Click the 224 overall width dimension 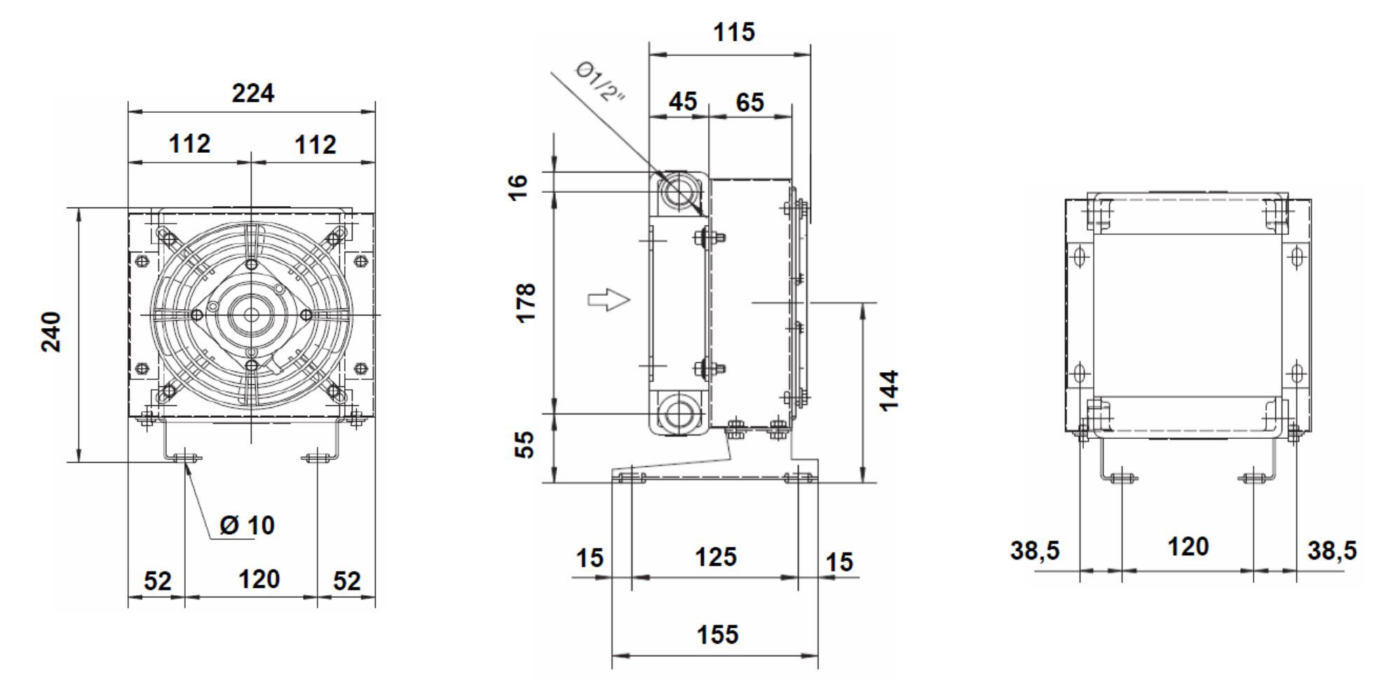tap(252, 93)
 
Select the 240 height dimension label tap(51, 332)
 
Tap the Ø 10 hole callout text tap(247, 525)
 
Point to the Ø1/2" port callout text tap(600, 81)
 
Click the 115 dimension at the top tap(733, 32)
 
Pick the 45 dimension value tap(682, 102)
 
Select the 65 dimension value tap(749, 102)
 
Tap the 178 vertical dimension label tap(526, 302)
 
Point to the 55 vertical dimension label tap(524, 444)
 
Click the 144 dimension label tap(888, 390)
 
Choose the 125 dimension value tap(715, 557)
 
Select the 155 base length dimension tap(716, 634)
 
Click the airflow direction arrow tap(608, 300)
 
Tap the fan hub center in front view tap(251, 315)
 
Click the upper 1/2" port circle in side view tap(677, 191)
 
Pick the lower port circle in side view tap(677, 414)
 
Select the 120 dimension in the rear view tap(1188, 547)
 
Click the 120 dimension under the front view tap(259, 580)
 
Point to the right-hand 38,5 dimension tap(1331, 551)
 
